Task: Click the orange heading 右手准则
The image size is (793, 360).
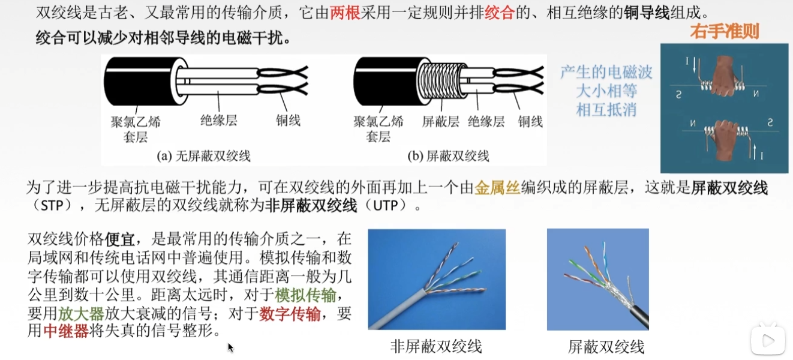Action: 724,32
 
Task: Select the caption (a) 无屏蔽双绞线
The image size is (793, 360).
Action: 203,157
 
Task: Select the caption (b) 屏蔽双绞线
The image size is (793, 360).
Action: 448,157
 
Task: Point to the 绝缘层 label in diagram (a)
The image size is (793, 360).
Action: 218,120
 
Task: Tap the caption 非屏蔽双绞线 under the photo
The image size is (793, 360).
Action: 436,346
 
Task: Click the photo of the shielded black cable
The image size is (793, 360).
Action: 597,279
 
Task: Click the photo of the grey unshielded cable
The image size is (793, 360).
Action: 436,279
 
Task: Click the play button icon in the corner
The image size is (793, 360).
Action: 767,341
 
